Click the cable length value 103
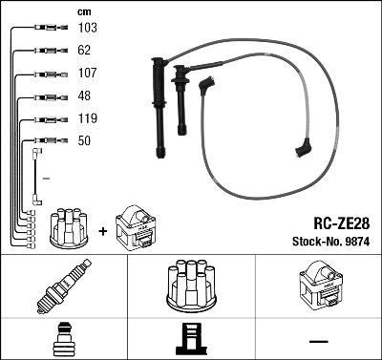pos(86,29)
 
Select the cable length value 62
pos(83,52)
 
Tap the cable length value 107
pos(86,74)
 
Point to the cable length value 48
pos(83,96)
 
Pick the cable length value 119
pos(86,119)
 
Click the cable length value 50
pos(83,141)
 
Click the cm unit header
pos(83,11)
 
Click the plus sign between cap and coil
pos(103,230)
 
